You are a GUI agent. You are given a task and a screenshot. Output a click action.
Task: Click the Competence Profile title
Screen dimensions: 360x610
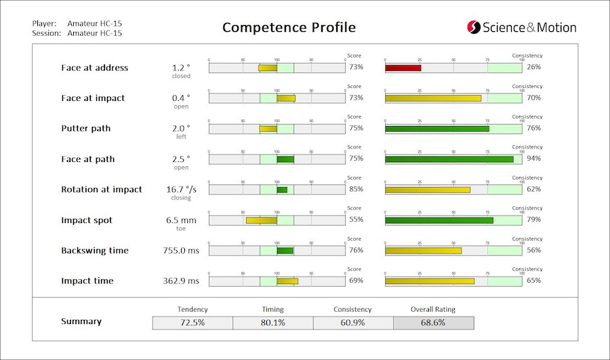[x=289, y=28]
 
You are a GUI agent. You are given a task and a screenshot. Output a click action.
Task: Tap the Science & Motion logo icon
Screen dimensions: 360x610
[x=473, y=27]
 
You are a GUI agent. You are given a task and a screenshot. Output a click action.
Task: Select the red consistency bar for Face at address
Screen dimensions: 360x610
[x=403, y=68]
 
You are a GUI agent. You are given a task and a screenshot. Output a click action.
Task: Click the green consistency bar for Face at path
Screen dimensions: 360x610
[x=449, y=159]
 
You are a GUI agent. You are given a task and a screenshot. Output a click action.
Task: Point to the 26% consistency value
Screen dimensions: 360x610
[x=533, y=67]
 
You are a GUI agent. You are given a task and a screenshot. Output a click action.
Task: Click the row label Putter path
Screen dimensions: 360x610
[x=85, y=128]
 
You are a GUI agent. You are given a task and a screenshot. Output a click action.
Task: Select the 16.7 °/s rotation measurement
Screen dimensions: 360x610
[x=182, y=190]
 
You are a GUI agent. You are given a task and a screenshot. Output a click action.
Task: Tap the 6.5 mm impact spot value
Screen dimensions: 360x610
[x=181, y=220]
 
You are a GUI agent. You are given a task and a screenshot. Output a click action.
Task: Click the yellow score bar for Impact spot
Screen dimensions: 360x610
[x=261, y=220]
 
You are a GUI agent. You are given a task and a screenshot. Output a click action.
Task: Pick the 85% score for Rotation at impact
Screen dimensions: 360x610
[x=356, y=189]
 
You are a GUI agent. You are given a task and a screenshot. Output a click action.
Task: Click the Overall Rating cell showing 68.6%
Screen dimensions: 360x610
[x=434, y=322]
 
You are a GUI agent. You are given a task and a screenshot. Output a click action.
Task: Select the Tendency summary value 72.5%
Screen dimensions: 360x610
[x=192, y=322]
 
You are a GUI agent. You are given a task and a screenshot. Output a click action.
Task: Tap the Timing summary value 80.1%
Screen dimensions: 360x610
[x=272, y=322]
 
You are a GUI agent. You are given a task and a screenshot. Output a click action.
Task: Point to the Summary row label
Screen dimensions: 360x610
[x=81, y=321]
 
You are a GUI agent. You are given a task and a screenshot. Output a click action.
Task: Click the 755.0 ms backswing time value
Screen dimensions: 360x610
[x=182, y=251]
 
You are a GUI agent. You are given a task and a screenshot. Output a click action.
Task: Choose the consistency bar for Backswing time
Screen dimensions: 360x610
[x=423, y=251]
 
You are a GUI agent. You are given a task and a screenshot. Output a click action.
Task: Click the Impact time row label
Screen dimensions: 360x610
[x=87, y=281]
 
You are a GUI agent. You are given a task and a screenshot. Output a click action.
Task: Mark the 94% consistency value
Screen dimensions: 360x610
[x=533, y=159]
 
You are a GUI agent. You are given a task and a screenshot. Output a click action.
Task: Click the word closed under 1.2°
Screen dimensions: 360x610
[x=181, y=76]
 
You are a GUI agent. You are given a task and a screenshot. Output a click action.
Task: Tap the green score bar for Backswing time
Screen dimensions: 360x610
[x=285, y=251]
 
